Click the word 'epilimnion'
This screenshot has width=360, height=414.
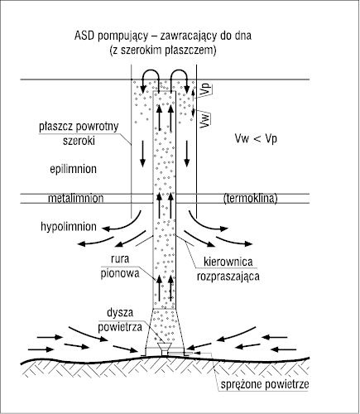(73, 169)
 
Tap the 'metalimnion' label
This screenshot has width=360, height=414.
(76, 198)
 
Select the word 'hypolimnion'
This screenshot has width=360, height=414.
(69, 227)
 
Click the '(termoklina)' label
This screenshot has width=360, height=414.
(251, 199)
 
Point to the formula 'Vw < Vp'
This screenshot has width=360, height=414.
(256, 139)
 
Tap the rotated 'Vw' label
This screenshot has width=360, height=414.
(205, 120)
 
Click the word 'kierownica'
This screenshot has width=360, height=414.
(228, 262)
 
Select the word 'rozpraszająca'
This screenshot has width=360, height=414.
(228, 277)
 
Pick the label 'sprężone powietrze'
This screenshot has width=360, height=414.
(265, 384)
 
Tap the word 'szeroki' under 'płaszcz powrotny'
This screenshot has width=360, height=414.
(79, 141)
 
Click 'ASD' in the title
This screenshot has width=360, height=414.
(84, 36)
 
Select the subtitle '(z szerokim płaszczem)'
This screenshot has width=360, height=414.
(163, 51)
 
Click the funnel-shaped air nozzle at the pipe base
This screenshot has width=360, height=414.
(164, 349)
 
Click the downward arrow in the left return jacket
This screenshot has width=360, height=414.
(142, 154)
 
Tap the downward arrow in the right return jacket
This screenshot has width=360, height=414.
(187, 154)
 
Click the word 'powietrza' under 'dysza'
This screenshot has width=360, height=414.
(120, 327)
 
